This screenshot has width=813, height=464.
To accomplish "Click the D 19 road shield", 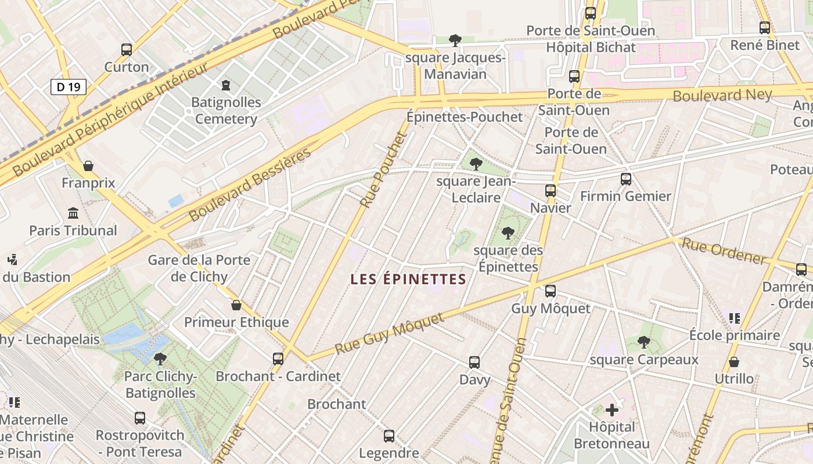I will tap(69, 87).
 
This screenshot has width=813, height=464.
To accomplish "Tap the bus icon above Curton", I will tap(127, 50).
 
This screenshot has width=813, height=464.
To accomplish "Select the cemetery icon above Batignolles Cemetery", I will tap(226, 85).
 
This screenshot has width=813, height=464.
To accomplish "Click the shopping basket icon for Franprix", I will tap(88, 166).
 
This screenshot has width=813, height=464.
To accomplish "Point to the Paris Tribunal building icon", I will tap(73, 213).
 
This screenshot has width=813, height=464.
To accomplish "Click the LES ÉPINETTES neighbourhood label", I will tap(408, 280).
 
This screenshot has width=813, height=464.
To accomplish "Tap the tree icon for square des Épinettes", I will tap(508, 233).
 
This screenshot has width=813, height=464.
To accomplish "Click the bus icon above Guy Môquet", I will tap(550, 291).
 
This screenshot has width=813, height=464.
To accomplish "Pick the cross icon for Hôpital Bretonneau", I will tap(612, 410).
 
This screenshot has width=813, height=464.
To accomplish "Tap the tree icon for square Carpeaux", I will tap(643, 342).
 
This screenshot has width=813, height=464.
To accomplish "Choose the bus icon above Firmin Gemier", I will tap(625, 179).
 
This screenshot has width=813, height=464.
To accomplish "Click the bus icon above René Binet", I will tap(764, 28).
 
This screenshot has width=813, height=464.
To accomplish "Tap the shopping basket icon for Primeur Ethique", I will tap(236, 305).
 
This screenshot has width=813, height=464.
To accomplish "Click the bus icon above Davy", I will tap(474, 362).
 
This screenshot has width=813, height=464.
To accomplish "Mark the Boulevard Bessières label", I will tap(250, 185).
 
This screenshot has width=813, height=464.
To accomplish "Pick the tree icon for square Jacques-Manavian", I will tap(455, 40).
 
